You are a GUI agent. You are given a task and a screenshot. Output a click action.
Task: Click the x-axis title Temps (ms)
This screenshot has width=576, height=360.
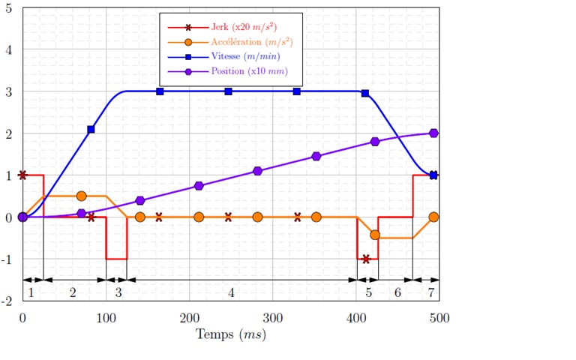coord(231,334)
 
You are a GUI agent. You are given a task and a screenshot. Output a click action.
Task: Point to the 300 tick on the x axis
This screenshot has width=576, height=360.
coord(273,317)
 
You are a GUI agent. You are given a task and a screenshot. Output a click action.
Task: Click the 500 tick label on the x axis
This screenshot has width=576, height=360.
coord(439,317)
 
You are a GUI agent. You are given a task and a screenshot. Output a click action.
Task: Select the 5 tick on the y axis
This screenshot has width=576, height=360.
coord(9,8)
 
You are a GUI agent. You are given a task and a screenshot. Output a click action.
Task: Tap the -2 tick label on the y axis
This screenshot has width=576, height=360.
coord(7,301)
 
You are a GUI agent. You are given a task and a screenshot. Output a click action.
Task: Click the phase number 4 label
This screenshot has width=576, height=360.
coord(231,292)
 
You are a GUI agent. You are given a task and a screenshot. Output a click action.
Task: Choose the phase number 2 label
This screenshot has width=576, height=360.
coord(73,292)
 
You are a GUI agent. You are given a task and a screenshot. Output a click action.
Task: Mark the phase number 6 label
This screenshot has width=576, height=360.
coord(397,292)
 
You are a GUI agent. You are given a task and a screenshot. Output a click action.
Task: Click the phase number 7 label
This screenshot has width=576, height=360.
coord(430,292)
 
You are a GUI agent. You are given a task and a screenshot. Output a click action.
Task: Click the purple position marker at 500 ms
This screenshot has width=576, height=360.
coord(433,133)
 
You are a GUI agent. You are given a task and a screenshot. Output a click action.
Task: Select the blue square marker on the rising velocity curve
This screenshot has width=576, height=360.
coord(91,130)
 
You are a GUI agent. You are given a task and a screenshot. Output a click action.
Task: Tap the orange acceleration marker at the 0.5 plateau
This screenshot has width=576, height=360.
coord(82,196)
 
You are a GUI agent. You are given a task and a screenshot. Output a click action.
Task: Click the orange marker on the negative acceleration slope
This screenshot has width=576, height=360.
coord(375,235)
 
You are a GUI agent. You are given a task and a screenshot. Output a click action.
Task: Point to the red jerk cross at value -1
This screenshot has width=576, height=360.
coord(366,259)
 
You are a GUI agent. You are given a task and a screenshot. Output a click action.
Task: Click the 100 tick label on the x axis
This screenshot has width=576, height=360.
coord(106,317)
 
